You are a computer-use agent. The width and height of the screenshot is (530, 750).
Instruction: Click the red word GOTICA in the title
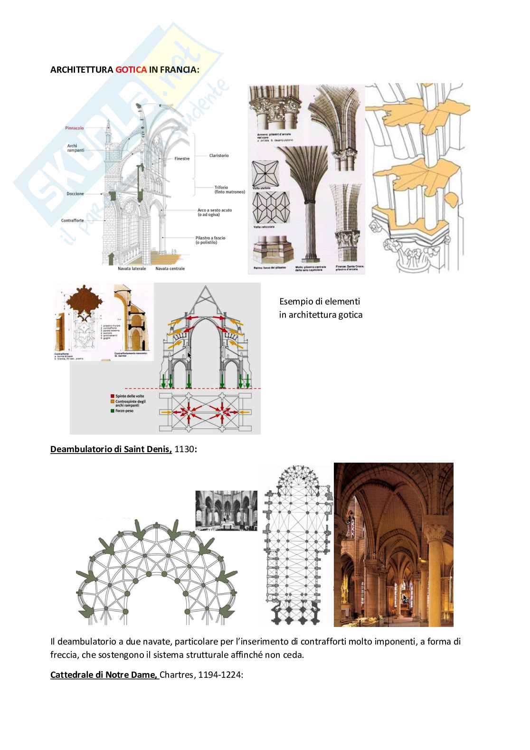[x=131, y=69]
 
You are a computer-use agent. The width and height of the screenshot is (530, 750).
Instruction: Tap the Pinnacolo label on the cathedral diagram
[x=75, y=128]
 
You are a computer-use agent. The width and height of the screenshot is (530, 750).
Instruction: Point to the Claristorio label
[x=218, y=155]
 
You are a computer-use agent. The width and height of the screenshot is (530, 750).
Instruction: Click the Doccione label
[x=75, y=194]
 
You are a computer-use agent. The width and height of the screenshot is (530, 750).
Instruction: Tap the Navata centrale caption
[x=170, y=269]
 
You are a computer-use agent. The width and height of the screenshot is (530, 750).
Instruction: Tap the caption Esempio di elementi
[x=320, y=301]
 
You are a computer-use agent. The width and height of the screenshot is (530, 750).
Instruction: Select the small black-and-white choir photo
[x=227, y=509]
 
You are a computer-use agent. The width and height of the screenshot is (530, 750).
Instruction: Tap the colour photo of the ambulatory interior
[x=393, y=544]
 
